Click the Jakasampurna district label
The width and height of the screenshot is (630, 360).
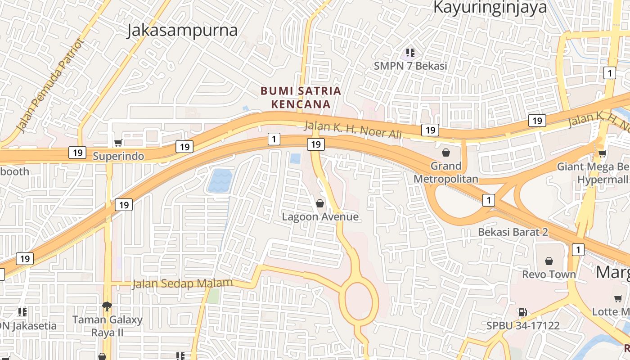coord(182,31)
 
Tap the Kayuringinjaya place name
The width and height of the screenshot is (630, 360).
coord(490,7)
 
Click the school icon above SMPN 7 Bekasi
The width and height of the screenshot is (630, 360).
coord(410,53)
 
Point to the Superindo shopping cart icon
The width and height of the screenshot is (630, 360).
coord(118,143)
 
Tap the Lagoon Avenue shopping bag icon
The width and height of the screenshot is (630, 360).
coord(320,203)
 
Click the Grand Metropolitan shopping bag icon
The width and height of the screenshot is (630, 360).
coord(446,153)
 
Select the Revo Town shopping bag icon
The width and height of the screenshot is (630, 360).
coord(549,261)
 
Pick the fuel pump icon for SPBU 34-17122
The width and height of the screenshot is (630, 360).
coord(522,312)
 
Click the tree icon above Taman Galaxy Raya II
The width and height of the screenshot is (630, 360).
coord(107,306)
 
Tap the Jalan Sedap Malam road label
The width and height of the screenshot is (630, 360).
coord(182,283)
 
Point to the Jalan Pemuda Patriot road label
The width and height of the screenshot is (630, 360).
coord(50,86)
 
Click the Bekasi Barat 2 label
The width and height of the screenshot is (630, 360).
coord(513,232)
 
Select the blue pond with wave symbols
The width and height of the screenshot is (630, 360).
coord(220,181)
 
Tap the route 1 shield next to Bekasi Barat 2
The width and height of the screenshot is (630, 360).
coord(488,200)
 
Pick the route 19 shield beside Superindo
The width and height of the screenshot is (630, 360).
coord(78,153)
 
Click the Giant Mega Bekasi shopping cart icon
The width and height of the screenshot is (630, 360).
coord(602,154)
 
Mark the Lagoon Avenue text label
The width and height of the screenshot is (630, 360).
coord(320,217)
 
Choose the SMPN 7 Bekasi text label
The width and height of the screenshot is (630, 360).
coord(410,66)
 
